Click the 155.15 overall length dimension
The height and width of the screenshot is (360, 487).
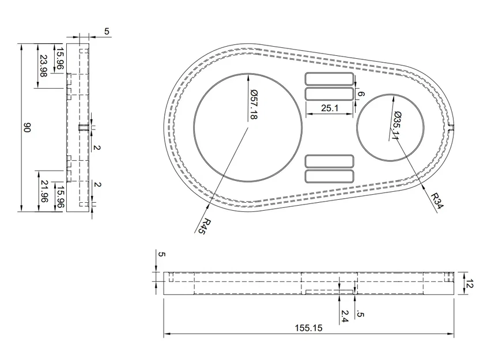pyautogui.click(x=308, y=328)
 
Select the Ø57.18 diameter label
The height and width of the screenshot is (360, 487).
pyautogui.click(x=254, y=105)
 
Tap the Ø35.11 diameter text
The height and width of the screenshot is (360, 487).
pyautogui.click(x=397, y=125)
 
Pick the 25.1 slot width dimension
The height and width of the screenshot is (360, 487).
pyautogui.click(x=330, y=108)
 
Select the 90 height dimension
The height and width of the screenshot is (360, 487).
pyautogui.click(x=27, y=127)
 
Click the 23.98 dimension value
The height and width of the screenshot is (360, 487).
pyautogui.click(x=43, y=66)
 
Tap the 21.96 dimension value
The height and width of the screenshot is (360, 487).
pyautogui.click(x=44, y=191)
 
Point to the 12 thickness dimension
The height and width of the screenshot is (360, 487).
pyautogui.click(x=470, y=283)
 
